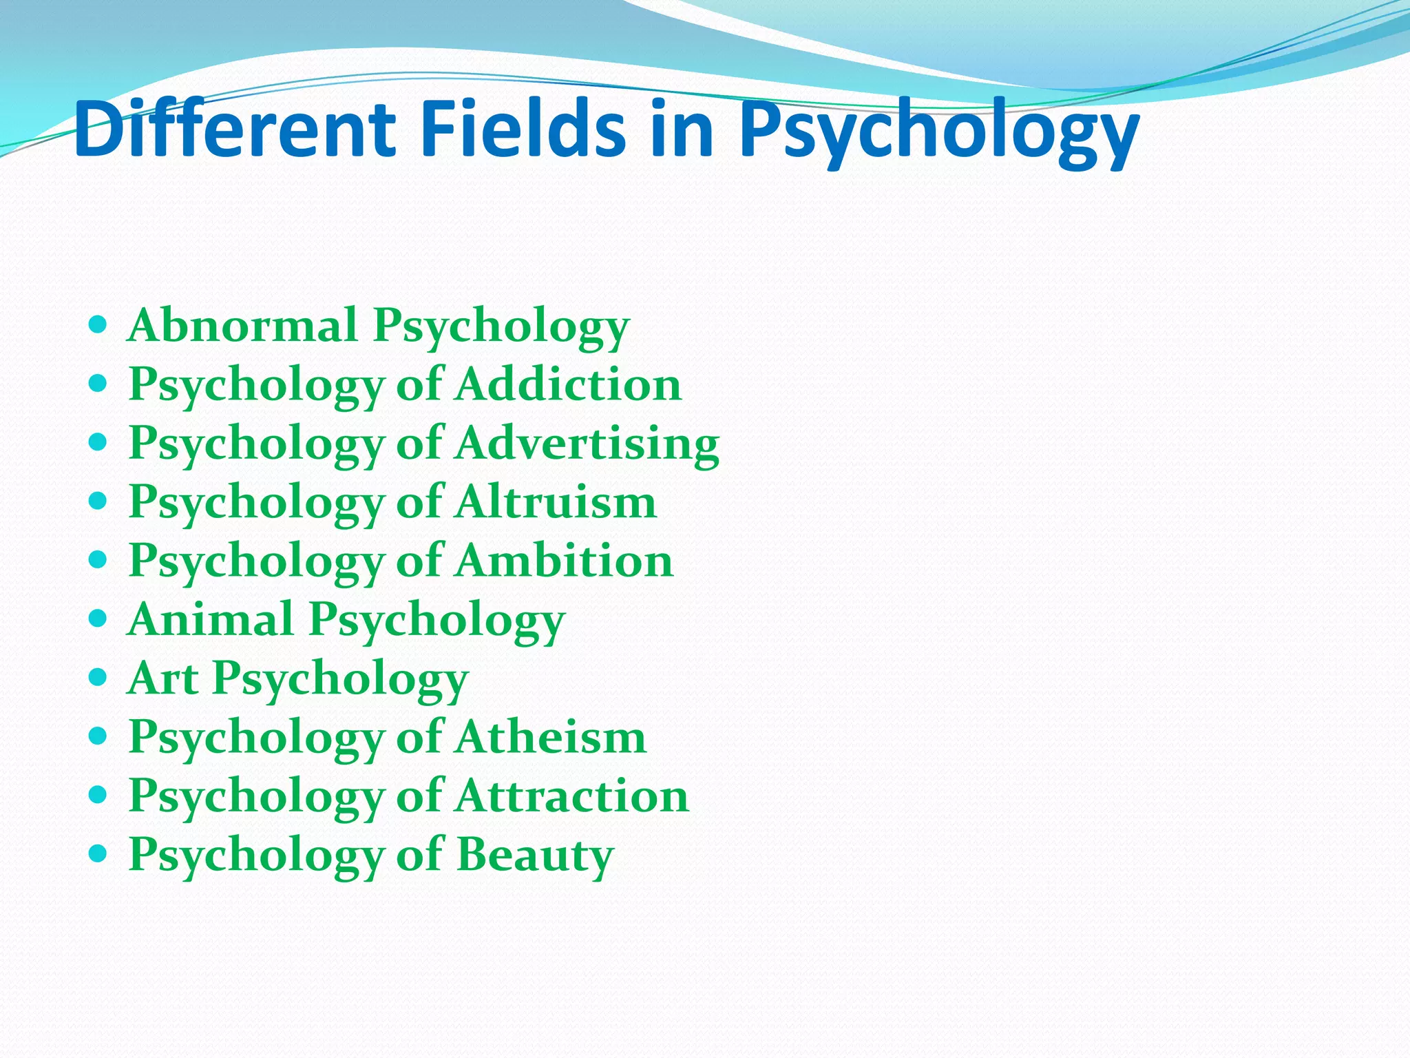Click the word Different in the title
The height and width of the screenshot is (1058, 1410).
[234, 129]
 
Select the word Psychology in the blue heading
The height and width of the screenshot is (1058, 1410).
[939, 132]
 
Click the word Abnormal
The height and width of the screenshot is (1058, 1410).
[242, 324]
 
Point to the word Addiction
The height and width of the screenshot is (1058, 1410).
[569, 384]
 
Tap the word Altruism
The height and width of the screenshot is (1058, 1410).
[556, 501]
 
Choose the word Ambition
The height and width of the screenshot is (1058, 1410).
[565, 560]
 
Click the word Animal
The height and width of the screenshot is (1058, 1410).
[211, 619]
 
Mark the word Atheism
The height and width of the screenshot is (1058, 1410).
[551, 737]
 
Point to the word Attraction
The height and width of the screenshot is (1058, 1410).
[572, 796]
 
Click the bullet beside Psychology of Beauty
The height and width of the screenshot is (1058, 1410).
[98, 854]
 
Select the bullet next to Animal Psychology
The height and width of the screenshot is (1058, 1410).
[98, 618]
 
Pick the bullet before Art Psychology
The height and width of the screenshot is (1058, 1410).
[98, 677]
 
